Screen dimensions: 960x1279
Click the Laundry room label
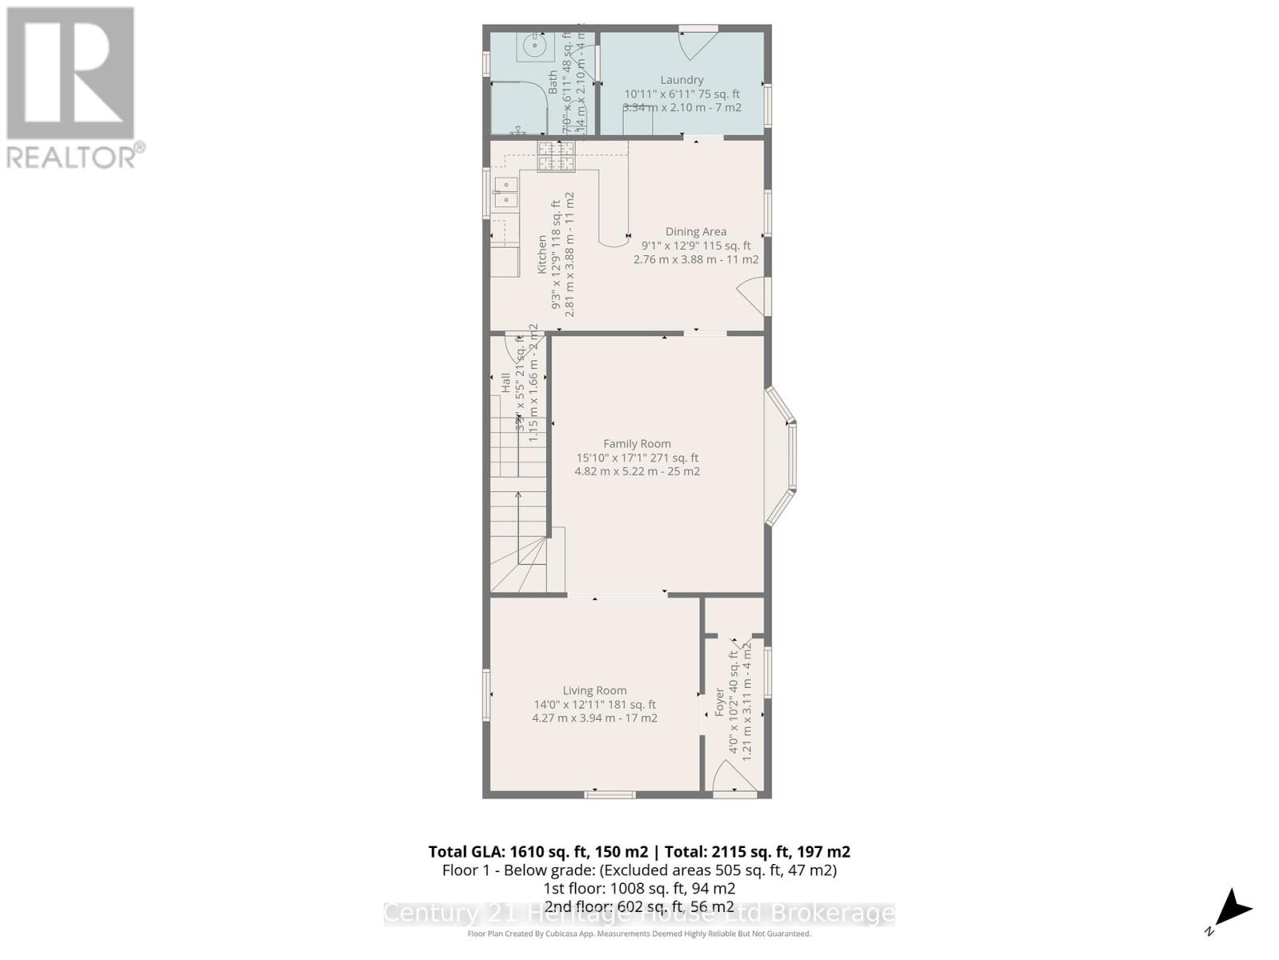[x=681, y=80]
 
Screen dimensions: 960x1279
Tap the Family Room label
[x=637, y=443]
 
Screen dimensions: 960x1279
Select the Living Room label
[x=594, y=690]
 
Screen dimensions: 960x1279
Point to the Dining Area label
[x=695, y=231]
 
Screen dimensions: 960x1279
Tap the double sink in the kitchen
[x=505, y=193]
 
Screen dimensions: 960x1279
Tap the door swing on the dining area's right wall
[x=751, y=296]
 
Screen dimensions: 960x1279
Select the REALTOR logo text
[x=76, y=156]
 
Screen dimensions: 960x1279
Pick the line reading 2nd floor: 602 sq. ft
[x=639, y=906]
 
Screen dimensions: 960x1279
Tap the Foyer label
[x=719, y=702]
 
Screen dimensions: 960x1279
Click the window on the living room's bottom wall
[x=610, y=794]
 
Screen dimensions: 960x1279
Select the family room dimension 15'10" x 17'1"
[x=637, y=458]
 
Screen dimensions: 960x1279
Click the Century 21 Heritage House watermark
[x=639, y=914]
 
